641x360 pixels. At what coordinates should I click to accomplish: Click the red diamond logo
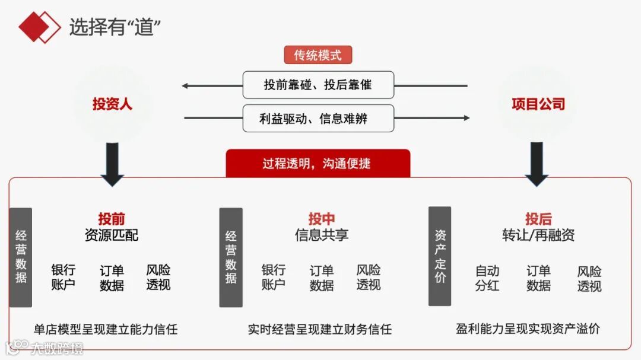(39, 27)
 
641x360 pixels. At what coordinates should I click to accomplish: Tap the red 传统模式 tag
(318, 55)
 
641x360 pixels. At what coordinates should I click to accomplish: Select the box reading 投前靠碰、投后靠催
(318, 85)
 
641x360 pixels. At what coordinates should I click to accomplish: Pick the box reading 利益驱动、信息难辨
(318, 118)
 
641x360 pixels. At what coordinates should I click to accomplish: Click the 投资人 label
(112, 104)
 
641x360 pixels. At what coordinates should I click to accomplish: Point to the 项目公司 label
(538, 104)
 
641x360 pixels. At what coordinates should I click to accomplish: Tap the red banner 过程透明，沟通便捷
(318, 163)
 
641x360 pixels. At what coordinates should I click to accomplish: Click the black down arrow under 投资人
(112, 164)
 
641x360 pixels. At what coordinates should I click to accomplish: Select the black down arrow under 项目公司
(537, 164)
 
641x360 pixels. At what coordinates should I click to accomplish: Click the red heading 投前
(112, 219)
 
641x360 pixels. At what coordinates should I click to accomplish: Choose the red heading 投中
(321, 219)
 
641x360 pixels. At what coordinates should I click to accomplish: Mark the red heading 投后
(538, 219)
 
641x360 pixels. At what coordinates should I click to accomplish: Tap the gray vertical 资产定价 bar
(440, 256)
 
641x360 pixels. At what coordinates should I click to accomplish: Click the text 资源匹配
(112, 235)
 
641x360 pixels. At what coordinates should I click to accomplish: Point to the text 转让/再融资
(538, 235)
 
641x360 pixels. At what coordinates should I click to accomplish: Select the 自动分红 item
(487, 278)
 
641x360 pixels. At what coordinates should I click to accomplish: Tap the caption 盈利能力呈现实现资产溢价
(528, 329)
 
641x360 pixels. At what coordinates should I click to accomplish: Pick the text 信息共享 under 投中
(321, 235)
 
